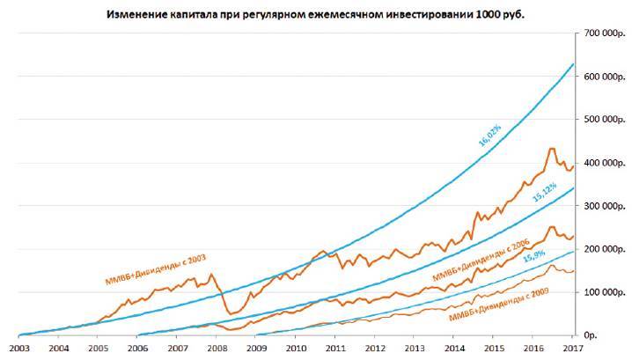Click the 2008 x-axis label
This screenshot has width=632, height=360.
tap(217, 349)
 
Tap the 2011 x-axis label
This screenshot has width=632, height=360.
tap(335, 349)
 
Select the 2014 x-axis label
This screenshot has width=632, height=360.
tap(454, 349)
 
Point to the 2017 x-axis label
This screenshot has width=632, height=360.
tap(572, 349)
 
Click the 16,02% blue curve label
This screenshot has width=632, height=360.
tap(489, 134)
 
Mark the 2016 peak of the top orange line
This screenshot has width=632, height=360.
tap(552, 149)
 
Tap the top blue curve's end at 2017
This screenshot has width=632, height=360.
tap(573, 64)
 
